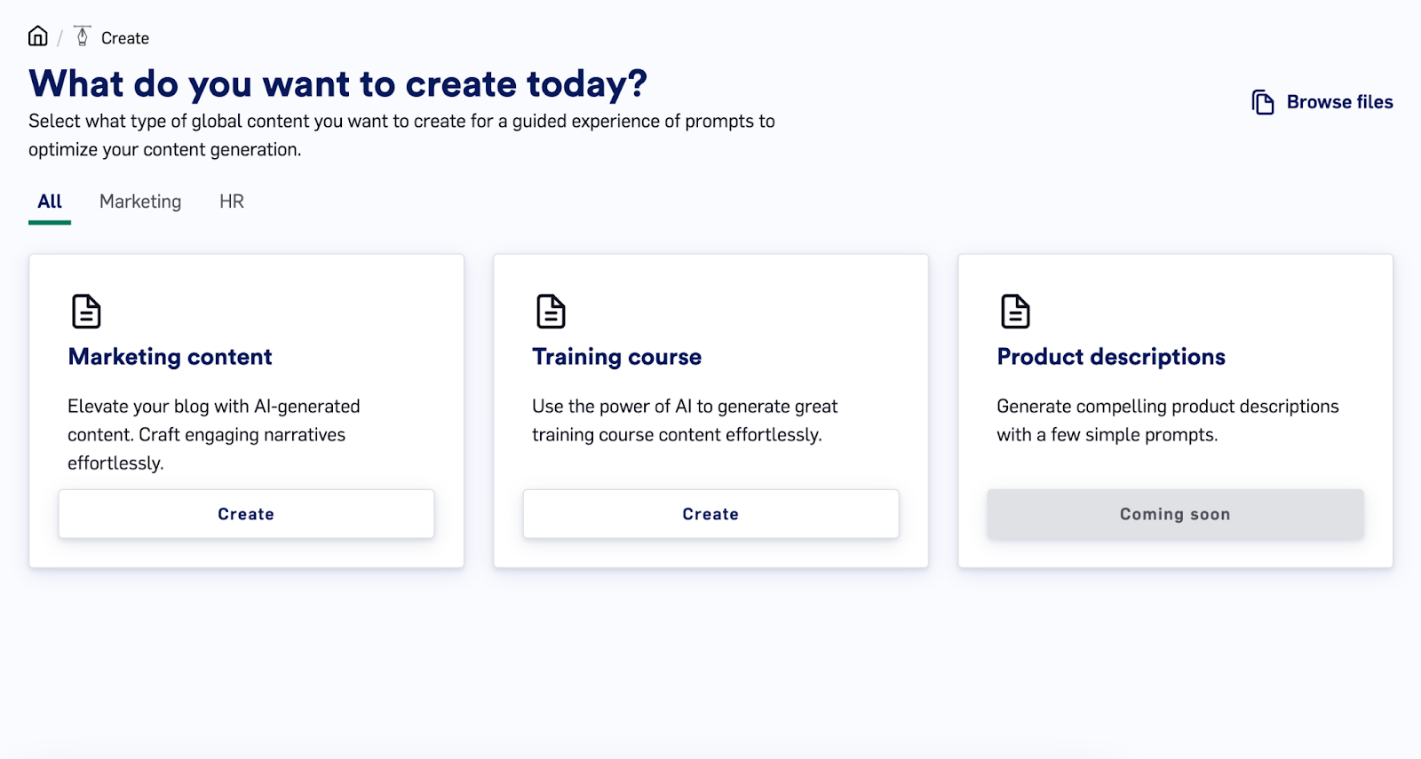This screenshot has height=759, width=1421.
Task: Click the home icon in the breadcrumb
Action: click(38, 36)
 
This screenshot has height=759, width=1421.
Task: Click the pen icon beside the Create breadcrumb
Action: click(82, 36)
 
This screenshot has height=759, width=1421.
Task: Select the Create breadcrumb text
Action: click(125, 38)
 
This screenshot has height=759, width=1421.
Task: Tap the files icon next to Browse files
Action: click(1262, 102)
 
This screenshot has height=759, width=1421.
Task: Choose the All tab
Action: click(50, 202)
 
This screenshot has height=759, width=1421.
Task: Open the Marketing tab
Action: click(140, 202)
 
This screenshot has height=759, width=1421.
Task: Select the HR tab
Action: click(232, 202)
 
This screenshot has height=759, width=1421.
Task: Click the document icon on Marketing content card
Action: click(86, 312)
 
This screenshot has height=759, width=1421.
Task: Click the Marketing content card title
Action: click(170, 356)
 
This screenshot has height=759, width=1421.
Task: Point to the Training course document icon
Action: click(551, 312)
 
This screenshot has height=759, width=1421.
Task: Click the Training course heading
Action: click(616, 356)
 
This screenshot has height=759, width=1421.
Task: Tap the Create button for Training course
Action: click(710, 514)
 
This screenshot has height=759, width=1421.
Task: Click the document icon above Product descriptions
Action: click(1015, 312)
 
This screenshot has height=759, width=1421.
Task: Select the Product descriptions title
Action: click(1111, 356)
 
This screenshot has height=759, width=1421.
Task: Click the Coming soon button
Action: click(1175, 514)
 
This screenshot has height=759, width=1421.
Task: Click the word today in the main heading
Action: click(587, 84)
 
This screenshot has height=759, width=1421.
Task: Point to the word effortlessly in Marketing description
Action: click(115, 463)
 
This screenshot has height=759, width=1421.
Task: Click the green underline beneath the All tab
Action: click(50, 223)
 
